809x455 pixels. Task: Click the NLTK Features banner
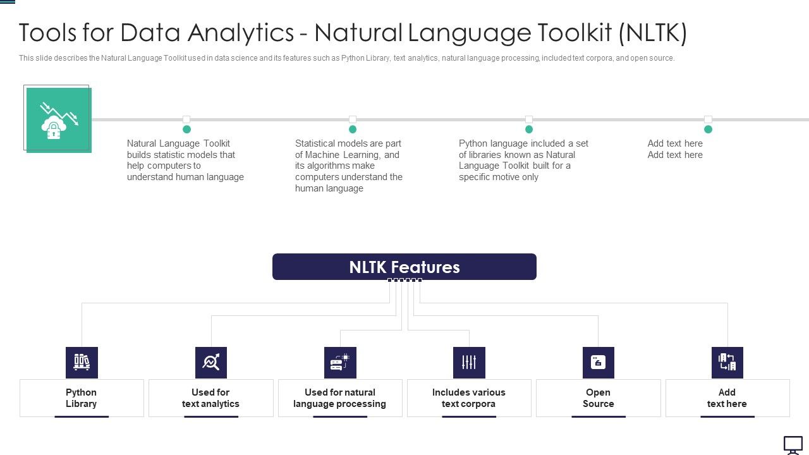click(404, 267)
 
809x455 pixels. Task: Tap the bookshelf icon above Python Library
click(82, 362)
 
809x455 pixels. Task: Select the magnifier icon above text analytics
click(210, 362)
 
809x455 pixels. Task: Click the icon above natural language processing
click(340, 362)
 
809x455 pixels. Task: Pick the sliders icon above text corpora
click(469, 362)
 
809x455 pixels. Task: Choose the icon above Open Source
click(598, 362)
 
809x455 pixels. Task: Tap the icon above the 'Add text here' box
click(727, 362)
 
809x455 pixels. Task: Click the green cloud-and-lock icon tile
click(59, 120)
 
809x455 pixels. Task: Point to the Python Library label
click(82, 398)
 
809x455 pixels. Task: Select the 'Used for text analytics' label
click(210, 398)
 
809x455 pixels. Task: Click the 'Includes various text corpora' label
click(469, 398)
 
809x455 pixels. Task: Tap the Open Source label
click(598, 398)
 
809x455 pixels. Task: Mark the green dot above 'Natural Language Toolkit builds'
click(186, 129)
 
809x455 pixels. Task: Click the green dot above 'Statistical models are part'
click(353, 129)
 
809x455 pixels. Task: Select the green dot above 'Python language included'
click(529, 129)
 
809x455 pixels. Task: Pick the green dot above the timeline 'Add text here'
click(708, 129)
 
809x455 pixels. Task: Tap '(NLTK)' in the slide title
click(653, 33)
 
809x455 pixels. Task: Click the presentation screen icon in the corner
click(793, 444)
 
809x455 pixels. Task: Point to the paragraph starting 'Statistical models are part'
click(349, 166)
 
